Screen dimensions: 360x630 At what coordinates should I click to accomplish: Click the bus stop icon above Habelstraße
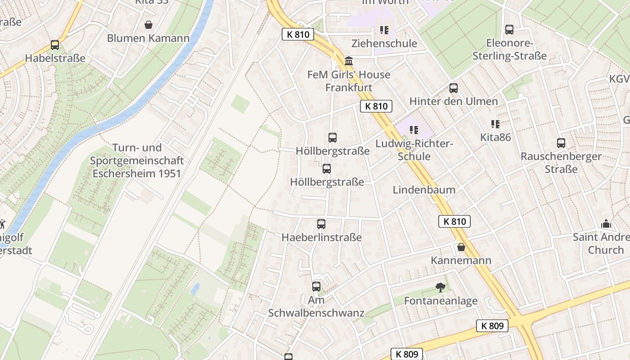pos(55,45)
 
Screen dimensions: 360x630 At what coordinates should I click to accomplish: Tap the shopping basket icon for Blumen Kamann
pos(148,25)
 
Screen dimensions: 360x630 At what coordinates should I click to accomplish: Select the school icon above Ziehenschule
pos(384,30)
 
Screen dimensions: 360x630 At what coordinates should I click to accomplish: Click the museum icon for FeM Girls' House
pos(349,61)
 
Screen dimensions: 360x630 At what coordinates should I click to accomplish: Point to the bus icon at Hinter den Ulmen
pos(454,88)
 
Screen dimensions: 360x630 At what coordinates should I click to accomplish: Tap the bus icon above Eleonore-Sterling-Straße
pos(509,30)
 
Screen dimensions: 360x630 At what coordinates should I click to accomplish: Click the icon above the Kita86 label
pos(495,124)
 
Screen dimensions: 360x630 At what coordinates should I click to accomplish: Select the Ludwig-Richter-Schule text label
pos(414,150)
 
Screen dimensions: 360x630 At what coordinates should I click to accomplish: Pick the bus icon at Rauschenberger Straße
pos(561,143)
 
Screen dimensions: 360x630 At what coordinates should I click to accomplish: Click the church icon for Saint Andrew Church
pos(606,224)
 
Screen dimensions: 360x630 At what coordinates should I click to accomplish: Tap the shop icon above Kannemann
pos(461,247)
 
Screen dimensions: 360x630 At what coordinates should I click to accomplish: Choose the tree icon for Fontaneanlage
pos(441,287)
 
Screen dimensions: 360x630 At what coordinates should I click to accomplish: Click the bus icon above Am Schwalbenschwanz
pos(316,286)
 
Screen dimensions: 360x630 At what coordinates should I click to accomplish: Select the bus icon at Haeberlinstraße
pos(321,224)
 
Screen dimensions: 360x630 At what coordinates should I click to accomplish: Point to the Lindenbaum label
pos(424,190)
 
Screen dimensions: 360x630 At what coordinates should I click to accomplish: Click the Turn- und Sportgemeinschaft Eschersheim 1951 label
pos(136,161)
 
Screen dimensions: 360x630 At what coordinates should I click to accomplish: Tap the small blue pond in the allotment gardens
pos(195,289)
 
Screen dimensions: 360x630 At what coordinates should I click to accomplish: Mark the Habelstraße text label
pos(55,58)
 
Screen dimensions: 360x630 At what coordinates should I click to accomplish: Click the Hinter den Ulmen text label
pos(454,101)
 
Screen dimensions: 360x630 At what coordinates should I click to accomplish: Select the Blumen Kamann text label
pos(148,38)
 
